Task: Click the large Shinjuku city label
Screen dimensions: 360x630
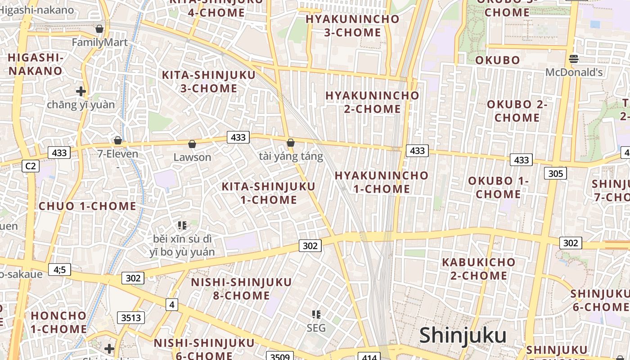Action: (463, 336)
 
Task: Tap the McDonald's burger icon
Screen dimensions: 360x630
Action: (573, 58)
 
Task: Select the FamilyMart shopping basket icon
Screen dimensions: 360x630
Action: (99, 29)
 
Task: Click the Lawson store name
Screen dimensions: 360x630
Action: (192, 157)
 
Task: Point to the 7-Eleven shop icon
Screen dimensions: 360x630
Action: (118, 140)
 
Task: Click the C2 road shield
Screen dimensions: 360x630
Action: (30, 166)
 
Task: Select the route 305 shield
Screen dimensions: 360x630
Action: (555, 173)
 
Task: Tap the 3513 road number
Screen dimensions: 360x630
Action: (131, 318)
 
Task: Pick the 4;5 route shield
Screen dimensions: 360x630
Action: (59, 270)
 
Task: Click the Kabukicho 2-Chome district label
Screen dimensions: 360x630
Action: (479, 269)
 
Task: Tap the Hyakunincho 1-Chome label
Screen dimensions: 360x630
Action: (382, 182)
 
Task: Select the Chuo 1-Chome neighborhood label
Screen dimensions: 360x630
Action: (87, 207)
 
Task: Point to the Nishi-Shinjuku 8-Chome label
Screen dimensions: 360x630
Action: (242, 289)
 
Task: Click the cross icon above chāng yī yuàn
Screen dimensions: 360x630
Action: (81, 91)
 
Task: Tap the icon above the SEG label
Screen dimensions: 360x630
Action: (316, 314)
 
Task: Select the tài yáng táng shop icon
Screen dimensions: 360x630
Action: (291, 143)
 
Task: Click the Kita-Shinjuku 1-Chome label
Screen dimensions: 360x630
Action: (269, 193)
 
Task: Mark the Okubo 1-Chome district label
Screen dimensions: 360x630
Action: (498, 188)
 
